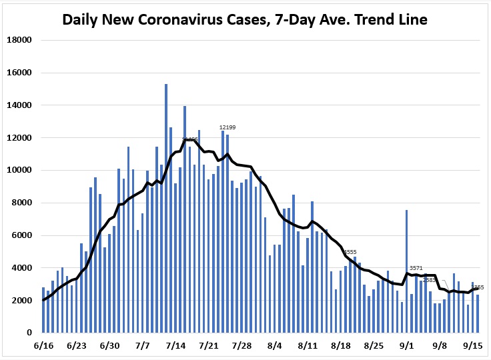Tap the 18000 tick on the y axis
pos(19,40)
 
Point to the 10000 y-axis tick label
pos(19,170)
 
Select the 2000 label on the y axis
pos(22,301)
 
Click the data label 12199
pos(228,127)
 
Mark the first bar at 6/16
pos(43,310)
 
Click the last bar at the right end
pos(478,313)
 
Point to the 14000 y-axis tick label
pos(19,105)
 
